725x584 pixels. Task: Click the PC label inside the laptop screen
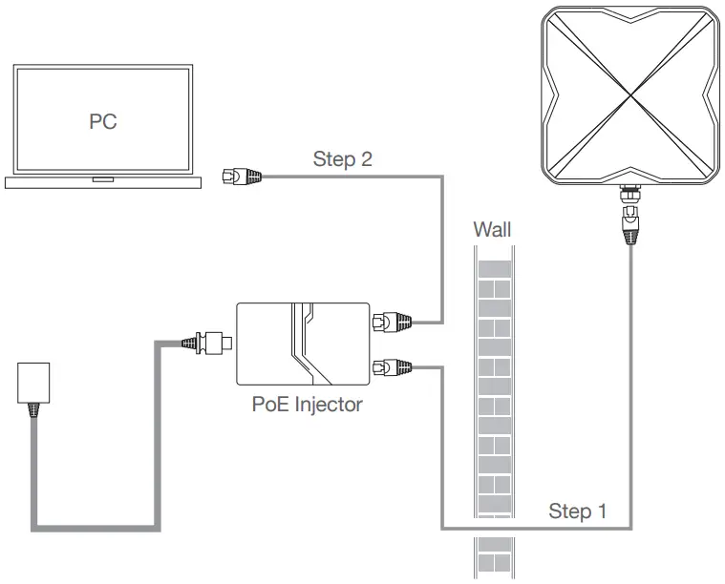(x=102, y=122)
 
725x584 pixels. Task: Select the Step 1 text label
(x=577, y=511)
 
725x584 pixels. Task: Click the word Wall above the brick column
(x=492, y=229)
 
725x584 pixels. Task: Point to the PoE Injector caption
(x=307, y=405)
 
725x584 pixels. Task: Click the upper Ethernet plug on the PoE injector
(x=391, y=322)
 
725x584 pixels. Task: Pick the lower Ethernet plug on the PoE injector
(x=391, y=365)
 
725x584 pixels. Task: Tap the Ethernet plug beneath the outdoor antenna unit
(x=629, y=227)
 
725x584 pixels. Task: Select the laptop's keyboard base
(x=102, y=182)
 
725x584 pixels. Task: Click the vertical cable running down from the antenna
(x=629, y=382)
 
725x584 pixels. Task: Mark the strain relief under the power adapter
(x=35, y=408)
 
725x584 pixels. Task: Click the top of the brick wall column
(x=492, y=250)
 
